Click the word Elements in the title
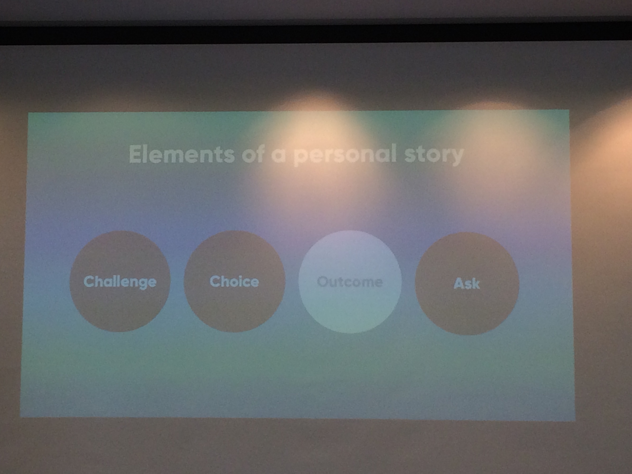pyautogui.click(x=181, y=154)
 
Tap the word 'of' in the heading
pyautogui.click(x=253, y=154)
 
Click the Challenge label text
pyautogui.click(x=120, y=282)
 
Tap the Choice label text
pyautogui.click(x=234, y=281)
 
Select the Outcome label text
pyautogui.click(x=350, y=282)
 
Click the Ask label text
pyautogui.click(x=467, y=283)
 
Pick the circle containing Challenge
pyautogui.click(x=120, y=281)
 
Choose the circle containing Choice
pyautogui.click(x=234, y=281)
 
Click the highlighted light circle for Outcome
pyautogui.click(x=350, y=282)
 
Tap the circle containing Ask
pyautogui.click(x=467, y=283)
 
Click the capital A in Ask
pyautogui.click(x=459, y=283)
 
